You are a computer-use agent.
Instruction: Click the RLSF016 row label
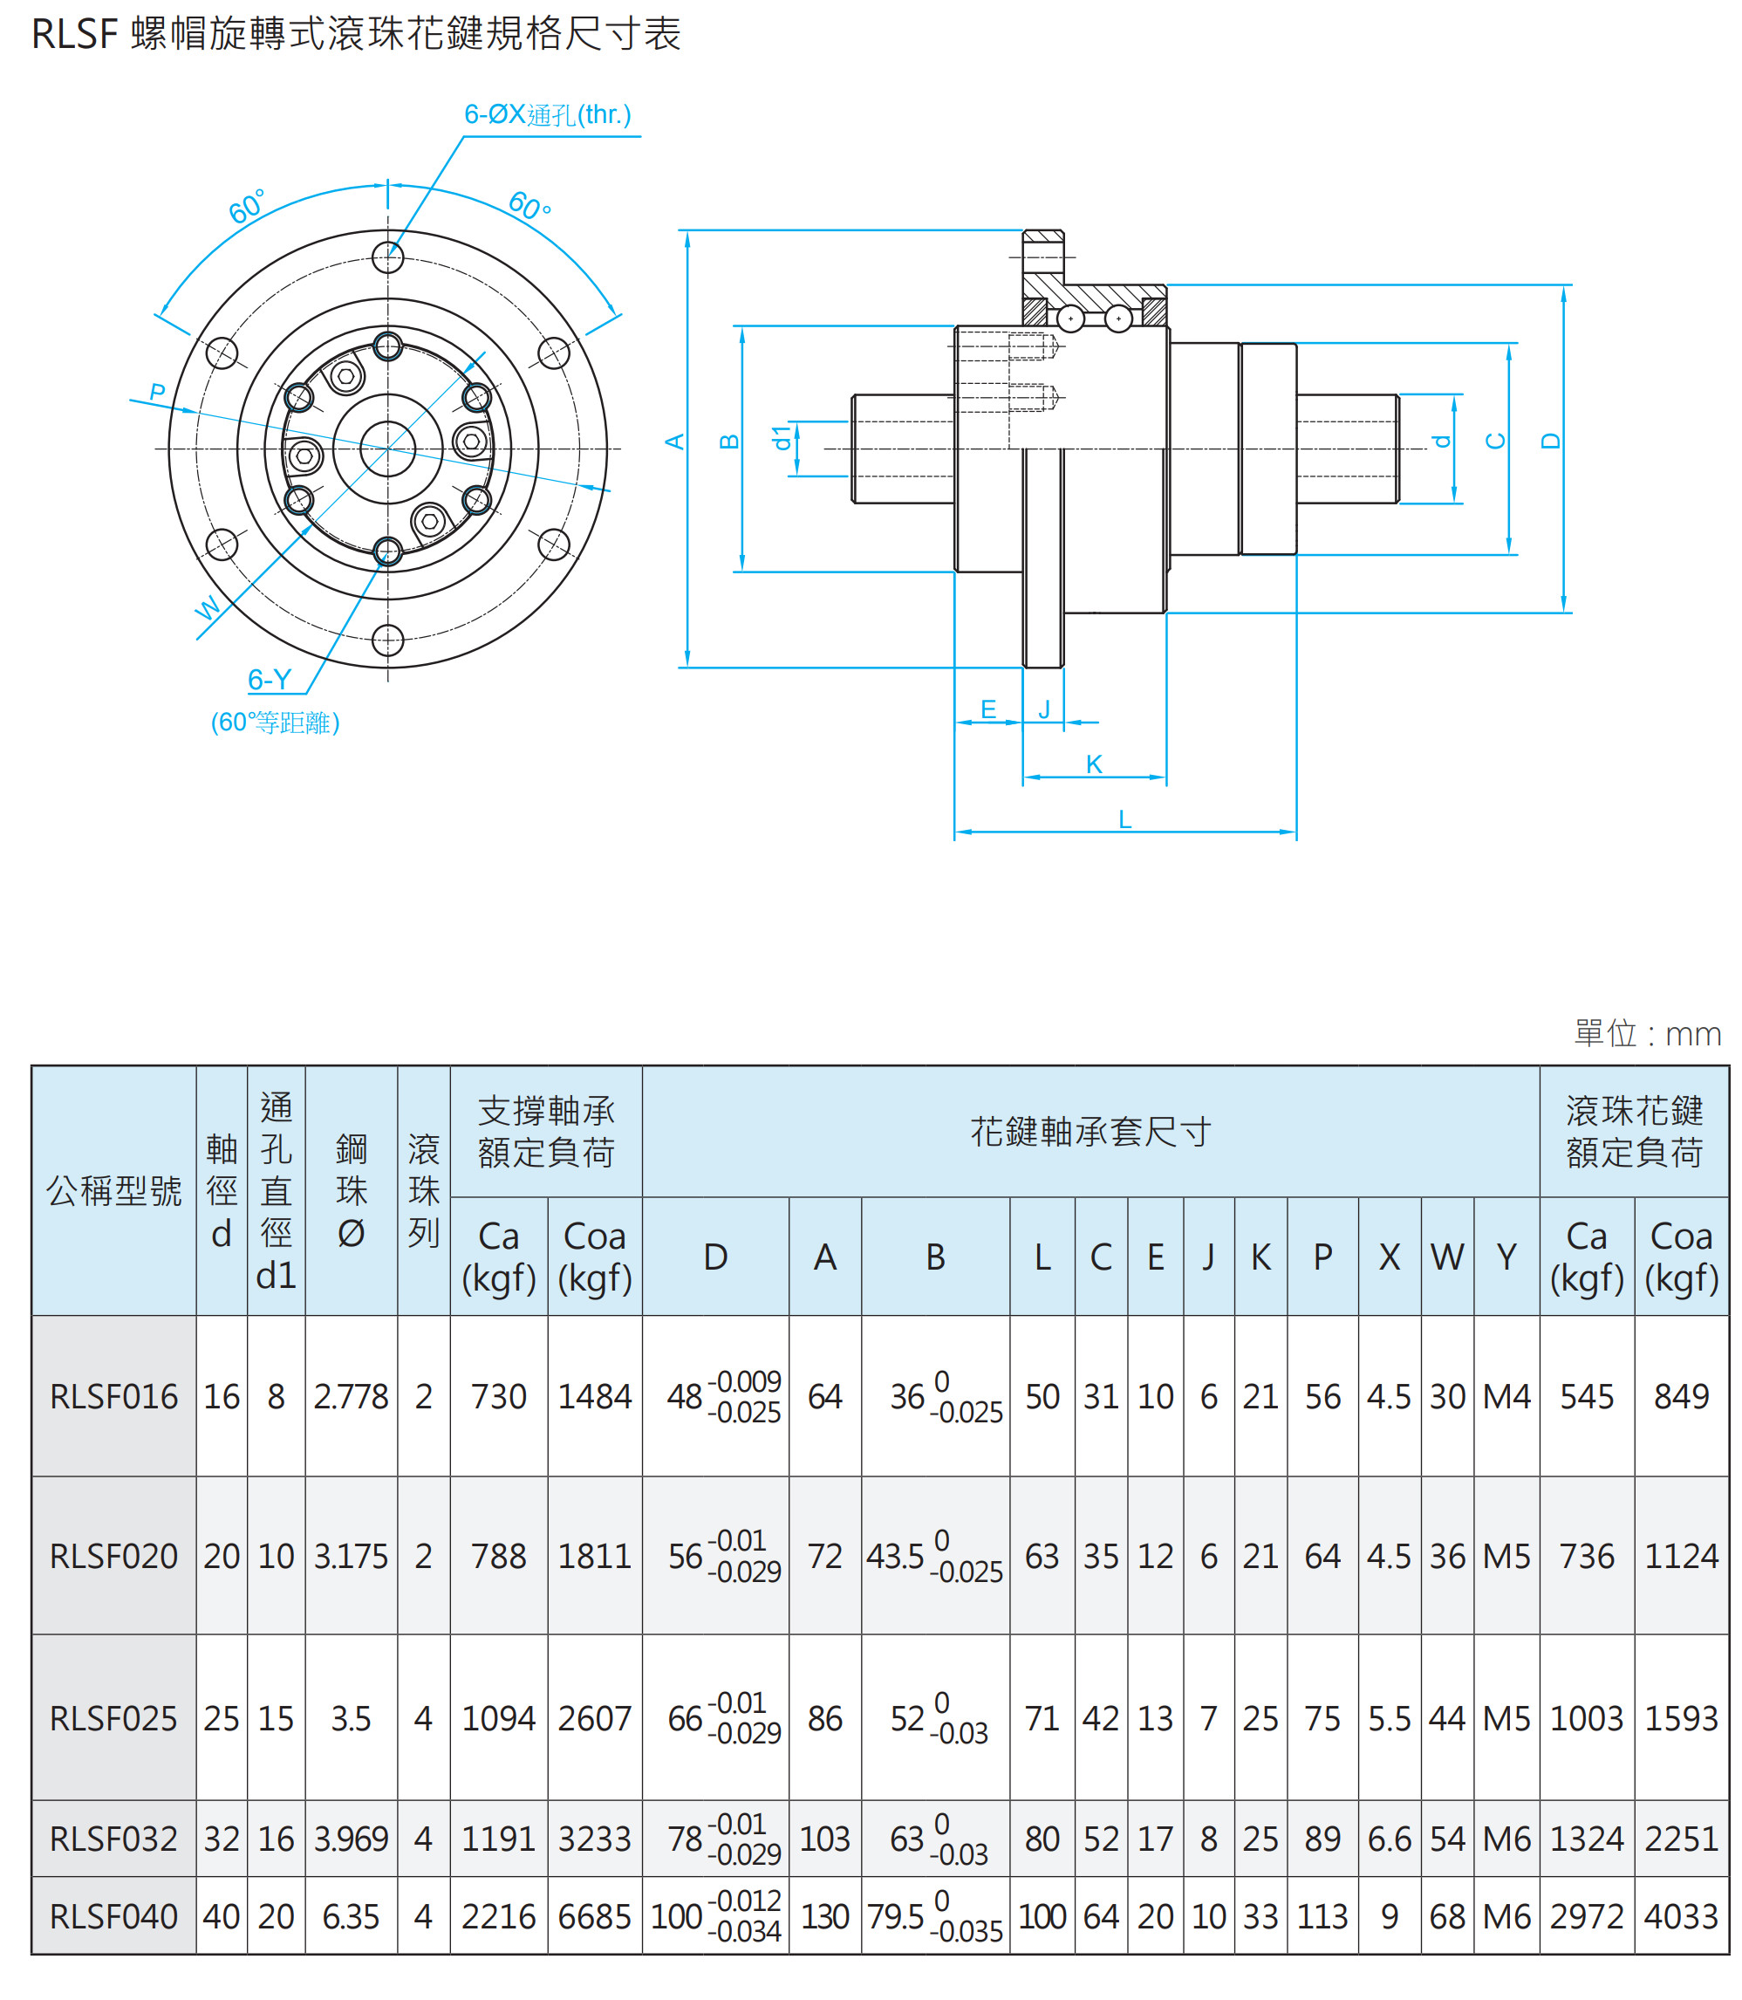113,1397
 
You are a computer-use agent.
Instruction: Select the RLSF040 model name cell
113,1916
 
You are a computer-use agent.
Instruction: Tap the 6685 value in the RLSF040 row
594,1916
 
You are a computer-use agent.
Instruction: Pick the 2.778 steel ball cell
351,1397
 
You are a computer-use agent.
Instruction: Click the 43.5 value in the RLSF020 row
895,1557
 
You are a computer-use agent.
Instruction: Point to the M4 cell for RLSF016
1506,1397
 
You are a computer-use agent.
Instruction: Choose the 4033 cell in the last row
1681,1916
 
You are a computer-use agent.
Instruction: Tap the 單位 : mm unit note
1647,1033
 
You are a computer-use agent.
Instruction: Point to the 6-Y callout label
270,679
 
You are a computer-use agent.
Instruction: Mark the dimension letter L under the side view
1124,819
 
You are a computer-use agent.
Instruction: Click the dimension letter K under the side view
1094,764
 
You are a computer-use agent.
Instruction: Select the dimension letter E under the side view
988,709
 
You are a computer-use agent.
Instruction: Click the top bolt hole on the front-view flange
388,257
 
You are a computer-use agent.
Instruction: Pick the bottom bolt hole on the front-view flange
388,640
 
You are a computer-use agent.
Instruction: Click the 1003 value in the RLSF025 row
1587,1719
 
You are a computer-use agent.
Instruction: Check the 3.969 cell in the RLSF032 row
351,1839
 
